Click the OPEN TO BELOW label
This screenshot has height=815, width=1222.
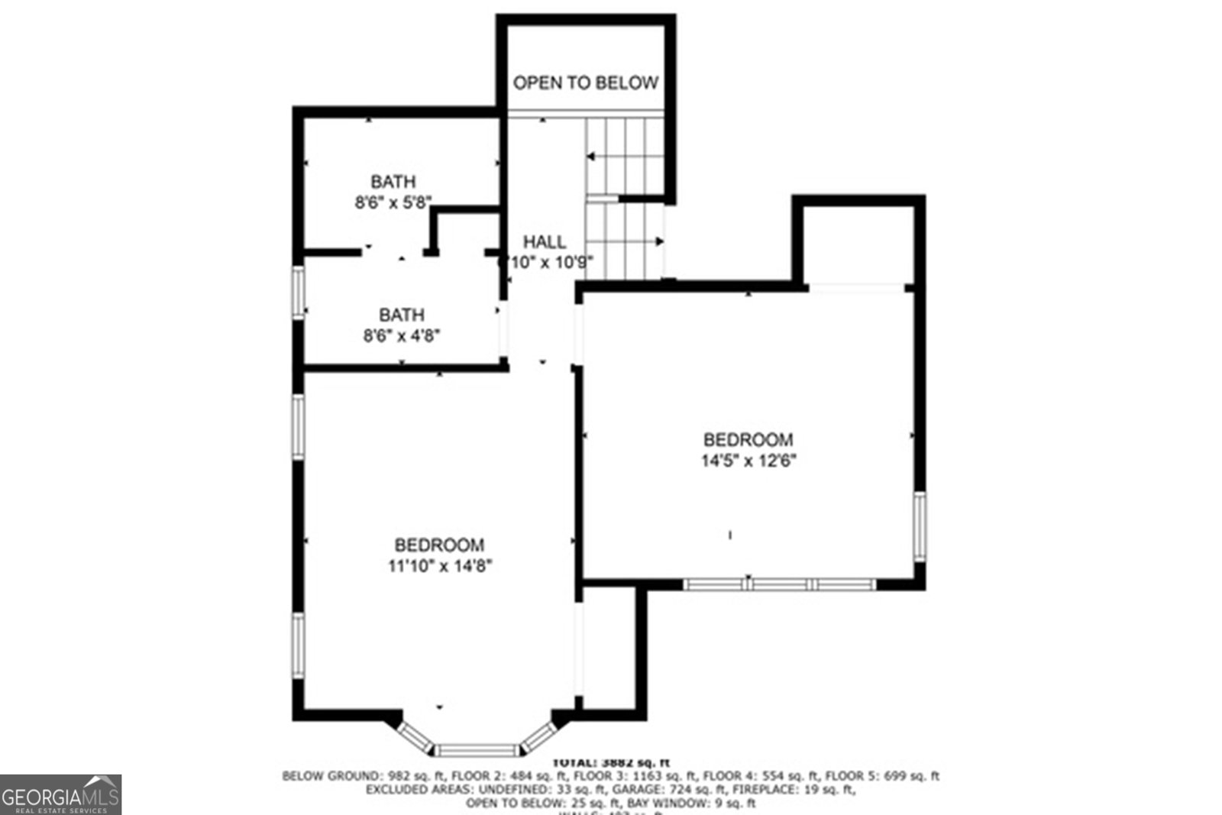coord(585,82)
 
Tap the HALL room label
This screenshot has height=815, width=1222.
coord(545,242)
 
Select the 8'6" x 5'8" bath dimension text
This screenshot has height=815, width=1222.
coord(393,203)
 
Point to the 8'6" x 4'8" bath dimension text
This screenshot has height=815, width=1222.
coord(402,335)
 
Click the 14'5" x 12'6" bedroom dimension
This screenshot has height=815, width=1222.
coord(748,461)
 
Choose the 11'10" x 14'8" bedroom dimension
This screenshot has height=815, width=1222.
coord(439,566)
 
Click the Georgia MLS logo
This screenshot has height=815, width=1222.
coord(60,794)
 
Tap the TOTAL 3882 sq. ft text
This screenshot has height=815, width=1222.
coord(611,762)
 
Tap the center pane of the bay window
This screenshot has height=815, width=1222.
coord(478,750)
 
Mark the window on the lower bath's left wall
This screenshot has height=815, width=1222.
coord(299,292)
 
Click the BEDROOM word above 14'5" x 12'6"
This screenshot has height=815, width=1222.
coord(748,440)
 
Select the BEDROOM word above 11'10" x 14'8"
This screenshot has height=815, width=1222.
coord(439,545)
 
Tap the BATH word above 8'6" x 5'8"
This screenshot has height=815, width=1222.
coord(393,182)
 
